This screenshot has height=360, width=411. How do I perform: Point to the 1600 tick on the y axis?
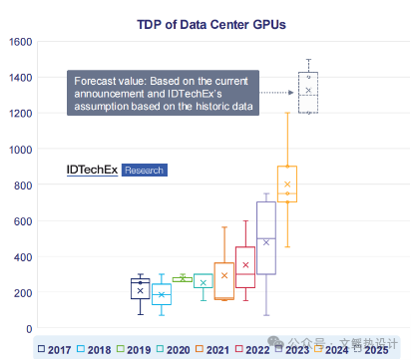pos(20,41)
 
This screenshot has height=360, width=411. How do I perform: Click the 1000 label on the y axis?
pos(20,149)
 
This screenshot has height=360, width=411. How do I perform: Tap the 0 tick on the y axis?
pos(29,329)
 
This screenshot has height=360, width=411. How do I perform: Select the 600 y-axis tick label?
pos(23,221)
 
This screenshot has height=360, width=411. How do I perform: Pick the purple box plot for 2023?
pos(265,237)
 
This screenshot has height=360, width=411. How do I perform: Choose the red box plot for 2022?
pos(244,267)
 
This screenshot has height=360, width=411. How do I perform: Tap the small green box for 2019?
pos(183,279)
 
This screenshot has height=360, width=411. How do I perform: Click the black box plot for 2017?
pos(141,289)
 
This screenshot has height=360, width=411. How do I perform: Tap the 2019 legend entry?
pos(134,350)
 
